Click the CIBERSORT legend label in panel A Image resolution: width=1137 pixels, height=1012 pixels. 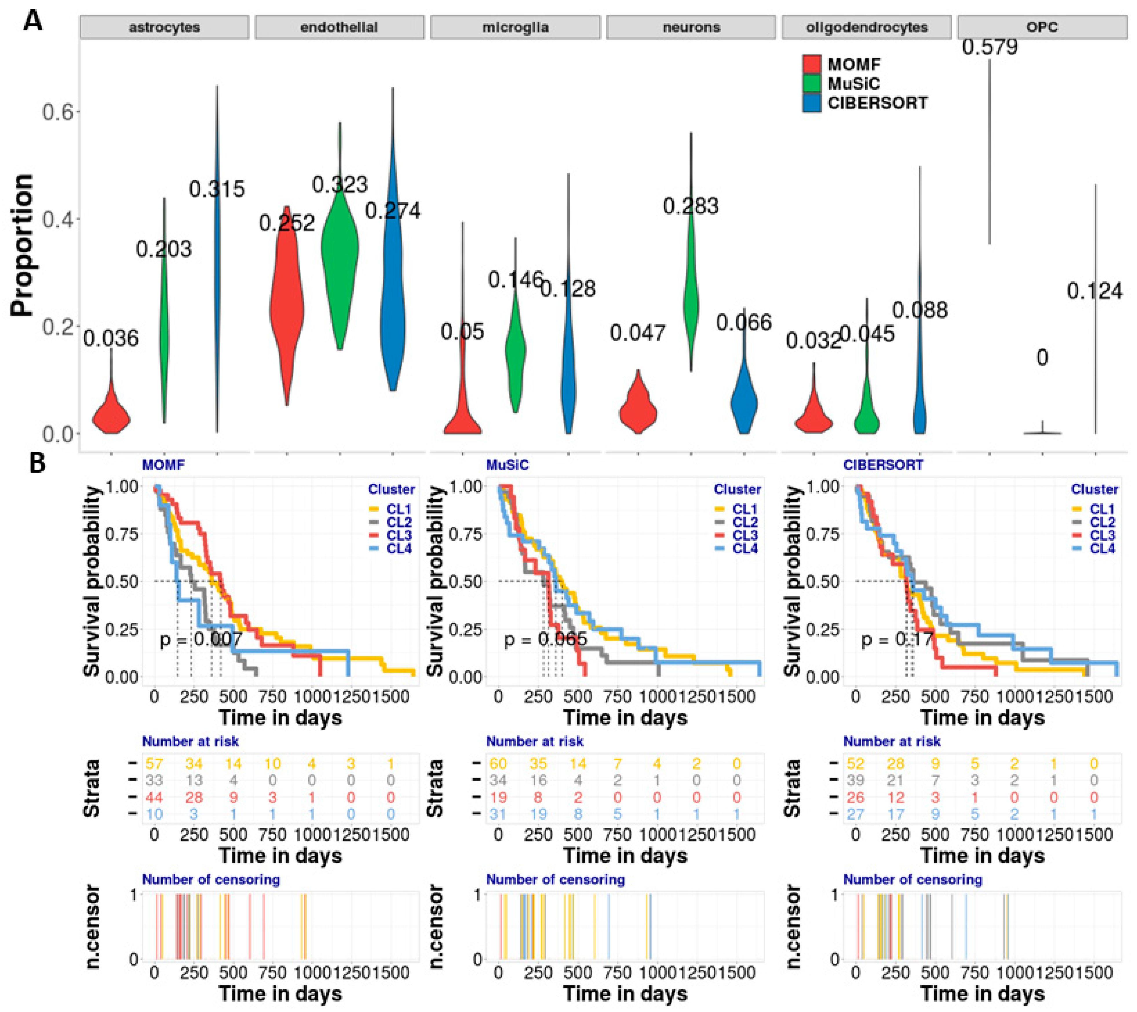(x=877, y=103)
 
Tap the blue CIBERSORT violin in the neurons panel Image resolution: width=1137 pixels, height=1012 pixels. (x=744, y=401)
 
